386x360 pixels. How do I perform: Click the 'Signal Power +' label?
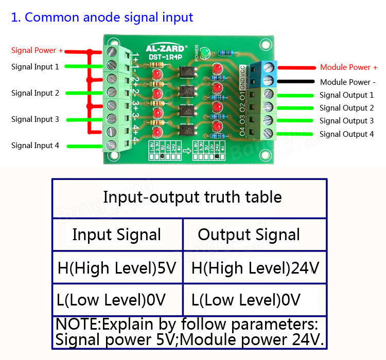(37, 50)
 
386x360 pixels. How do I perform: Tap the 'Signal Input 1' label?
(35, 66)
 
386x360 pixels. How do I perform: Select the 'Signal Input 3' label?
(35, 119)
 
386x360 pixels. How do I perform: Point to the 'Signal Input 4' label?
(35, 146)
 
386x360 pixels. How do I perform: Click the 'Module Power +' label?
(348, 67)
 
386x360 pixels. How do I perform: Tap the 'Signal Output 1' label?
(346, 95)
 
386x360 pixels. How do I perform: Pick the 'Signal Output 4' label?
(346, 134)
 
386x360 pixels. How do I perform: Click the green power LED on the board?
(205, 53)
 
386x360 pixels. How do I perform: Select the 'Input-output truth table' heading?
(192, 197)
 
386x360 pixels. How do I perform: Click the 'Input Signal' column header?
(116, 235)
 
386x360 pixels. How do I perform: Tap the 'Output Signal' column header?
(249, 235)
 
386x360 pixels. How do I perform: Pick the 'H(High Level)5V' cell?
(116, 268)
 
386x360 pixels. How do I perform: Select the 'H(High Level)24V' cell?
(255, 268)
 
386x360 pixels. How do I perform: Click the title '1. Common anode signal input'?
(102, 17)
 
